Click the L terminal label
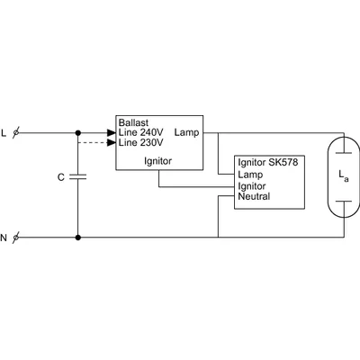[4, 133]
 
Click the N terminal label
[4, 238]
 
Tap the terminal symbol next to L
[16, 132]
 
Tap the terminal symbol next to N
[16, 238]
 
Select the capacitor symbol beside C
[78, 176]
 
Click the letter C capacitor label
[61, 177]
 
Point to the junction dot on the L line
[78, 132]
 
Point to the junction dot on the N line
[78, 238]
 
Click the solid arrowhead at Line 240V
[112, 132]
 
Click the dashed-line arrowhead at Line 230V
[112, 143]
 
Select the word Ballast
[133, 122]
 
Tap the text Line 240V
[140, 132]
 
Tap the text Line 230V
[140, 142]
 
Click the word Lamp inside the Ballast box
[186, 132]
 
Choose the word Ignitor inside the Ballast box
[158, 161]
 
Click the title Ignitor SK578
[268, 163]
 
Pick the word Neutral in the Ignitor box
[254, 196]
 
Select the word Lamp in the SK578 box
[250, 175]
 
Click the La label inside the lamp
[344, 175]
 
